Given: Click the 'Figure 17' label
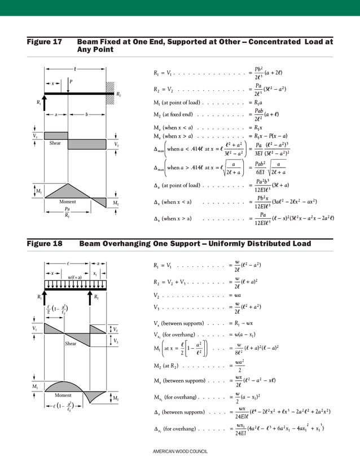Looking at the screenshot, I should [x=44, y=42].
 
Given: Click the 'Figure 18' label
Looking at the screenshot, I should [x=45, y=244].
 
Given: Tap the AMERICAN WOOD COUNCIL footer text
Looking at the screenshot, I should [x=180, y=452].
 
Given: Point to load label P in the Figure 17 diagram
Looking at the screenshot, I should [x=71, y=81].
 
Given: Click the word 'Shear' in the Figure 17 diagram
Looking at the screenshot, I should [x=55, y=143].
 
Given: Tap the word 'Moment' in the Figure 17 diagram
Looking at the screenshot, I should [x=68, y=201].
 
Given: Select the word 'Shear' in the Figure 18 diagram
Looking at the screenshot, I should [x=71, y=343].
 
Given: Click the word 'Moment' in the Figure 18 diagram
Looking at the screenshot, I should [x=63, y=395].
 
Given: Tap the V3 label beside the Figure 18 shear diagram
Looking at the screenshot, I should [x=116, y=341].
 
